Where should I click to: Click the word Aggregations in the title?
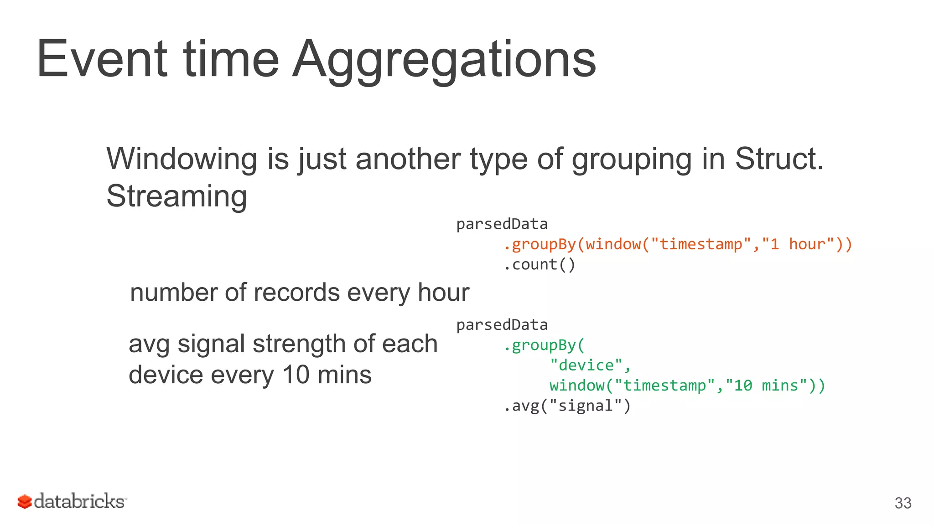click(444, 59)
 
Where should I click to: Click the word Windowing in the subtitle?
click(182, 159)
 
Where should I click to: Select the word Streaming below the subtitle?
click(176, 196)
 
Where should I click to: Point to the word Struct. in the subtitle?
click(779, 159)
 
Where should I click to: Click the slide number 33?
click(903, 503)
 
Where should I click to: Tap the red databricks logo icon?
click(24, 502)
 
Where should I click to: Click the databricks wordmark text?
click(79, 501)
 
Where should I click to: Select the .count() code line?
click(540, 265)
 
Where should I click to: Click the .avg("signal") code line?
click(567, 406)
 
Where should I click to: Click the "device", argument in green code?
click(590, 365)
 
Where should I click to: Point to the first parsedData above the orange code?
click(502, 224)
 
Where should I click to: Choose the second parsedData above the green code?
click(502, 325)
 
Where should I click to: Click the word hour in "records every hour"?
click(443, 293)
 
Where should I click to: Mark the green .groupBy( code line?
click(544, 345)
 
